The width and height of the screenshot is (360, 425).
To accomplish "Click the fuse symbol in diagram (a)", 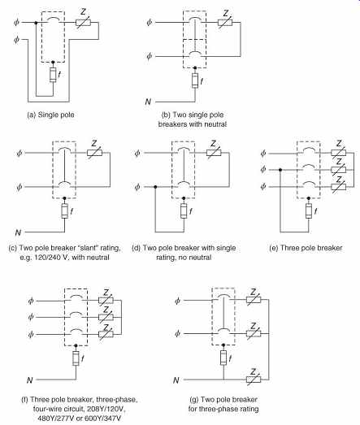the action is [x=53, y=75].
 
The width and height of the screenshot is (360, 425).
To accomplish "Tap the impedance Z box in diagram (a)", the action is [x=83, y=23].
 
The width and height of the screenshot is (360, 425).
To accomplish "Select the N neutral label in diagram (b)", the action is [x=148, y=102].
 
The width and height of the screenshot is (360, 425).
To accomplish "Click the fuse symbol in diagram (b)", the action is [x=195, y=80].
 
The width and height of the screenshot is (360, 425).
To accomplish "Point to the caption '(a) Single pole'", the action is [x=50, y=115].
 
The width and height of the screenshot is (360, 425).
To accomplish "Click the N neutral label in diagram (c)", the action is [x=18, y=232].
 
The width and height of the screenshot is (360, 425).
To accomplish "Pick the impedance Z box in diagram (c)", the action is [x=94, y=153].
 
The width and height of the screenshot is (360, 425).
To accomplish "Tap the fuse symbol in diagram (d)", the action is [x=184, y=210].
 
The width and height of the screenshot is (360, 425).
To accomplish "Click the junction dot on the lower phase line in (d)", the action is [x=155, y=187].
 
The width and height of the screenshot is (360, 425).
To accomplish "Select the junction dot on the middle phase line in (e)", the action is [x=280, y=170].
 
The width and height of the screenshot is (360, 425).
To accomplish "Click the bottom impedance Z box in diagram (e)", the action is [x=339, y=187].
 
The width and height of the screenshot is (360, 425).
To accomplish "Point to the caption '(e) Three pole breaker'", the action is [x=306, y=248].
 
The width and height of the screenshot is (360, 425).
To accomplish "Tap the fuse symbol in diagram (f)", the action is [x=76, y=358].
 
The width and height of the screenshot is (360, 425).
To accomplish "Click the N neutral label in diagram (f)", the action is [x=30, y=380].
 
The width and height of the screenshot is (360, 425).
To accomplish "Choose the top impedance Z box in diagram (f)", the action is [x=106, y=301].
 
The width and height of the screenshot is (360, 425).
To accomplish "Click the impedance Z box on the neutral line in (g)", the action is [x=254, y=379].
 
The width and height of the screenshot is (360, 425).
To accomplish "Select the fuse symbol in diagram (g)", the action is [x=223, y=358].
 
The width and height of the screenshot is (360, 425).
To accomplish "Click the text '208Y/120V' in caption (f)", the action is [x=105, y=409].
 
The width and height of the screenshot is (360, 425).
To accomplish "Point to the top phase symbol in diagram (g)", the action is [x=177, y=301].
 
